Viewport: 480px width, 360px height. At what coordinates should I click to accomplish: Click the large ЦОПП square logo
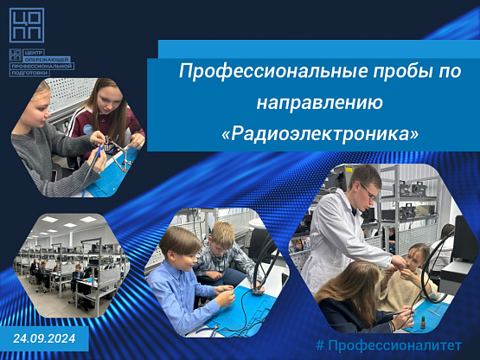[27, 25]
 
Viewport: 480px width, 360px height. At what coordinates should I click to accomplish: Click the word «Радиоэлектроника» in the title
[319, 134]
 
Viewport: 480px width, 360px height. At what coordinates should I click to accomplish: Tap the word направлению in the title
[320, 102]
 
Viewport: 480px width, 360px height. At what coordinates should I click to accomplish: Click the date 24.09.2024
[44, 338]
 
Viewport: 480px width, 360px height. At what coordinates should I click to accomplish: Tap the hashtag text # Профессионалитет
[388, 345]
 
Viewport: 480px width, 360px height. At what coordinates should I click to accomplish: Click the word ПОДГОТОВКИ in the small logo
[29, 74]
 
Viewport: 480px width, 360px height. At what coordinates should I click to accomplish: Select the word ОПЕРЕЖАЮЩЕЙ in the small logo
[48, 60]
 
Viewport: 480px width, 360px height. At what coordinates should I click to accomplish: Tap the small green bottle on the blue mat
[423, 324]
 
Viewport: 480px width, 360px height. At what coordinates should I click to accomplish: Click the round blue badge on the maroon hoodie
[87, 129]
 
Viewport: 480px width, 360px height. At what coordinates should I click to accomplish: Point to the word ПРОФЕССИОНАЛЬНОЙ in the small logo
[42, 66]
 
